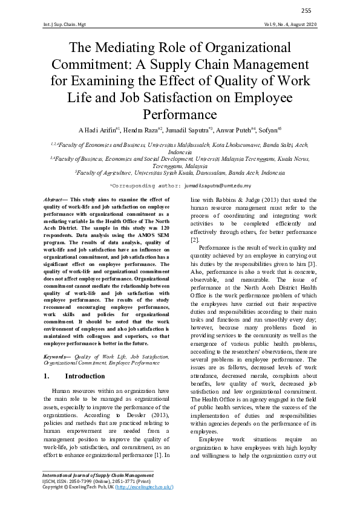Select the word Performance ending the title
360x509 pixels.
180,113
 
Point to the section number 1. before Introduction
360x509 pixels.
47,376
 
